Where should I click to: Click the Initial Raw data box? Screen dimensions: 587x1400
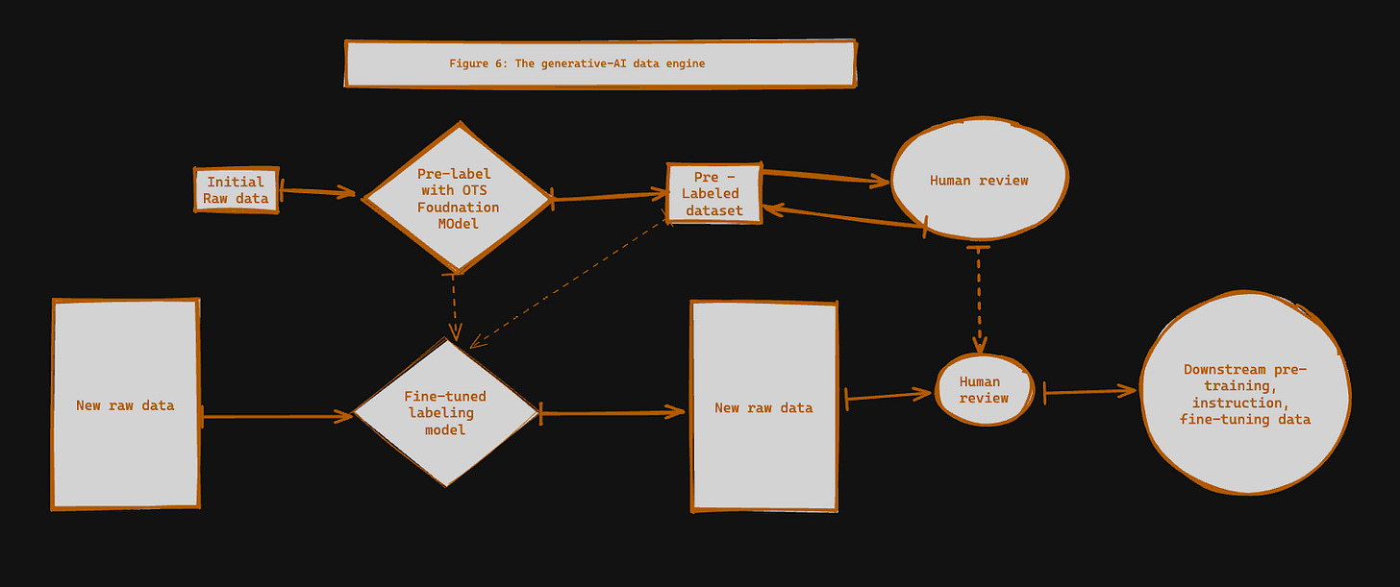(x=236, y=190)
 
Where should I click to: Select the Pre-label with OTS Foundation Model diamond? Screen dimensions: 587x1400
(x=457, y=198)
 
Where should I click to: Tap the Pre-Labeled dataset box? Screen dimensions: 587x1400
(x=714, y=193)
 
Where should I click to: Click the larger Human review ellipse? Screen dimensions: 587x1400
(x=978, y=181)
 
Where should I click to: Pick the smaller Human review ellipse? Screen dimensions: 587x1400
(x=984, y=390)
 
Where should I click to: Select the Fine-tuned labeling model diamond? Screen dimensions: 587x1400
(x=445, y=412)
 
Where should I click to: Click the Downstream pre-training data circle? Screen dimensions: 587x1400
(x=1244, y=395)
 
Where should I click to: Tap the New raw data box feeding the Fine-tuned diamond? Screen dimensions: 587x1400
(x=125, y=404)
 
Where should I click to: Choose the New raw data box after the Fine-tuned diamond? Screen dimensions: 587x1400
(x=763, y=407)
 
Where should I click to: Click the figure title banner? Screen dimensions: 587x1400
(x=599, y=63)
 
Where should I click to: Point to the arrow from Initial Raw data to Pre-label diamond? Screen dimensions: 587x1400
(x=318, y=192)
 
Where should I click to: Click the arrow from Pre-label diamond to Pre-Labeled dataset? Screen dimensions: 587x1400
(x=611, y=197)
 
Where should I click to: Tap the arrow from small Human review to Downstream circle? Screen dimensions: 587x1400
(x=1089, y=391)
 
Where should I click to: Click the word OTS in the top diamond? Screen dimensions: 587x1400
(x=473, y=190)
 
